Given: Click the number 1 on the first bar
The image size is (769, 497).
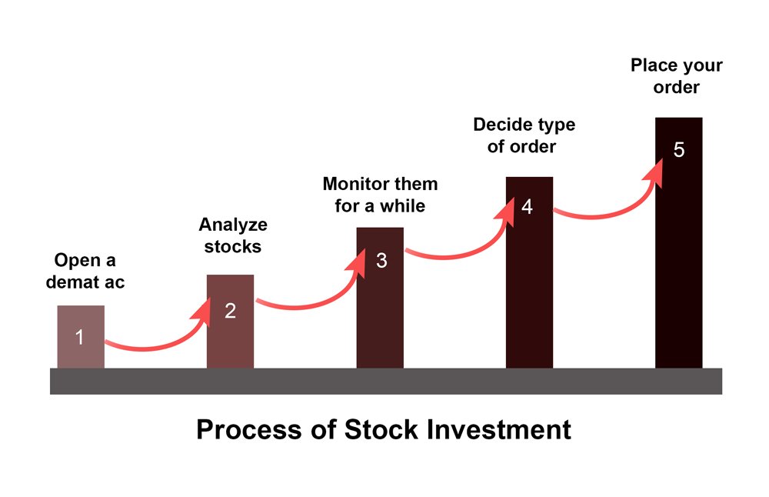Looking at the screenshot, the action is point(79,337).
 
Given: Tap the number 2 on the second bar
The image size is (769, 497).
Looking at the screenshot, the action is point(230,311).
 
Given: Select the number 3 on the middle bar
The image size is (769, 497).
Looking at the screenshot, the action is point(381,261).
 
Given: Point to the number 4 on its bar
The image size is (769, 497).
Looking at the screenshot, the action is point(528,206).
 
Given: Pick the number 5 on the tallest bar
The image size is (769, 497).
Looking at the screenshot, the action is point(679,150).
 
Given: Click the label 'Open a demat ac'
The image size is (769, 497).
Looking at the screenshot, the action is point(85,272).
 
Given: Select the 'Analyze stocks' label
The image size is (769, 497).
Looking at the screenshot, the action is point(233,235).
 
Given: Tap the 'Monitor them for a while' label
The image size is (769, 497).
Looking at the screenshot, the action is point(380,195).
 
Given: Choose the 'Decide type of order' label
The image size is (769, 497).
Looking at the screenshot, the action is point(524,135).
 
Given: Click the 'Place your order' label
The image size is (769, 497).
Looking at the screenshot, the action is point(676,76).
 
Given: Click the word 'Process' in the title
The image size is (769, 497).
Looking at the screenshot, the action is point(250,429).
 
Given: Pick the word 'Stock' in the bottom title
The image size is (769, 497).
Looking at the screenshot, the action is point(381,429).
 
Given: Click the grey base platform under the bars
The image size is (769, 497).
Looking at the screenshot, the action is point(386,382).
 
